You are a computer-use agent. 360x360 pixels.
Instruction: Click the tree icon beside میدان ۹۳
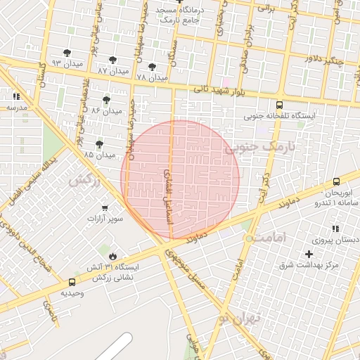pos(67,52)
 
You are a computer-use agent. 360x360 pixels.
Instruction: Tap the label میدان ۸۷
pos(113,71)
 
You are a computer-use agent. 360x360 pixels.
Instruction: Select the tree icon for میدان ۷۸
pos(152,67)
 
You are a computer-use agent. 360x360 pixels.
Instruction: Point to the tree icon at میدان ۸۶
pos(106,100)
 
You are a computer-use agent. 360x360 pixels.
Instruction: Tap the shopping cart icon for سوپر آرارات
pos(105,208)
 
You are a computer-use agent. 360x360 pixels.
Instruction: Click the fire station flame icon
pos(111,255)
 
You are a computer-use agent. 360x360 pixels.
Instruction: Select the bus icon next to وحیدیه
pos(72,282)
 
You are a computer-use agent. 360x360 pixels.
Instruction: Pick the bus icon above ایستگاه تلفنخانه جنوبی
pos(280,104)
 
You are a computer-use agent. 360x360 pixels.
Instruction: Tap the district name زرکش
pos(84,180)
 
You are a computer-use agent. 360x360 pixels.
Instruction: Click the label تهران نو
pos(239,319)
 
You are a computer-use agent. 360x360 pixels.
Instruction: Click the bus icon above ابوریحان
pos(337,181)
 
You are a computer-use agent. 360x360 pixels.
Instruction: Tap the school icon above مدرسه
pos(16,96)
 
